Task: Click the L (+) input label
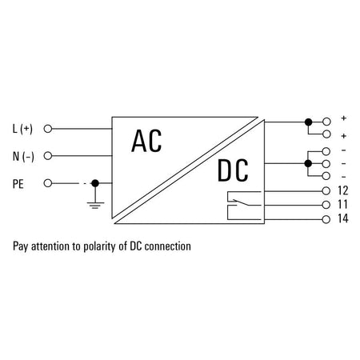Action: tap(22, 129)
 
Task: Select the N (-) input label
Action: tap(23, 156)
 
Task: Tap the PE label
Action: tap(18, 184)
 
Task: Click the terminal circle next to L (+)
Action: tap(48, 129)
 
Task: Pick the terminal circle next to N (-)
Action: tap(48, 156)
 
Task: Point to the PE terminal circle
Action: tap(48, 183)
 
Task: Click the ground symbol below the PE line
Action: tap(95, 206)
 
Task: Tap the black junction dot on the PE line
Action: tap(95, 183)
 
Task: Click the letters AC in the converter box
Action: tap(146, 141)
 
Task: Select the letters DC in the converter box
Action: tap(233, 170)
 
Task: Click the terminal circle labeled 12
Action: tap(326, 191)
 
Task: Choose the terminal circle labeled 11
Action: tap(326, 205)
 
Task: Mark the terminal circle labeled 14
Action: tap(326, 219)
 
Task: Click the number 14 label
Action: tap(343, 218)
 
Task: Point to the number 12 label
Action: tap(343, 190)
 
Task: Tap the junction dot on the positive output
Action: tap(308, 122)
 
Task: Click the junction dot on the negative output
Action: tap(308, 163)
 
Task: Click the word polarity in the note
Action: tap(101, 246)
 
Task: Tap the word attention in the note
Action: tap(50, 246)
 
